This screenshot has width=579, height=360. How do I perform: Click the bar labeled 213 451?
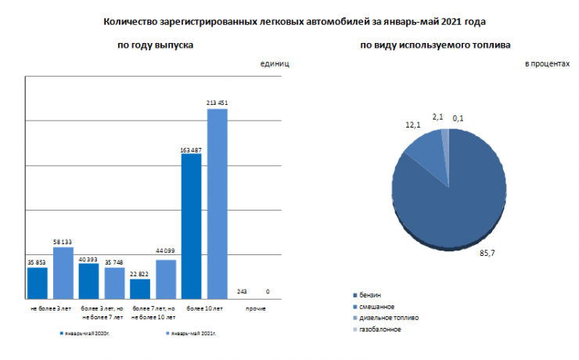click(217, 203)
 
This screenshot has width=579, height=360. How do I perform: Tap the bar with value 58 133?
click(63, 272)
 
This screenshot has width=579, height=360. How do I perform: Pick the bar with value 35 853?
click(38, 283)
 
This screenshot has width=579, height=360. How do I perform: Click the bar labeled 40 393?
click(88, 281)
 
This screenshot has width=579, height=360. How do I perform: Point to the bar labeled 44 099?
click(166, 279)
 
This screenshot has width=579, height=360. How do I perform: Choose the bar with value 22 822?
click(140, 288)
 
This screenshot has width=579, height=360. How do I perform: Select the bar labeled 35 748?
click(114, 283)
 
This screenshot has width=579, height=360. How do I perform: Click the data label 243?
click(242, 292)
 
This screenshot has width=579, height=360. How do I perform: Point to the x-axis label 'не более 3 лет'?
click(50, 310)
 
